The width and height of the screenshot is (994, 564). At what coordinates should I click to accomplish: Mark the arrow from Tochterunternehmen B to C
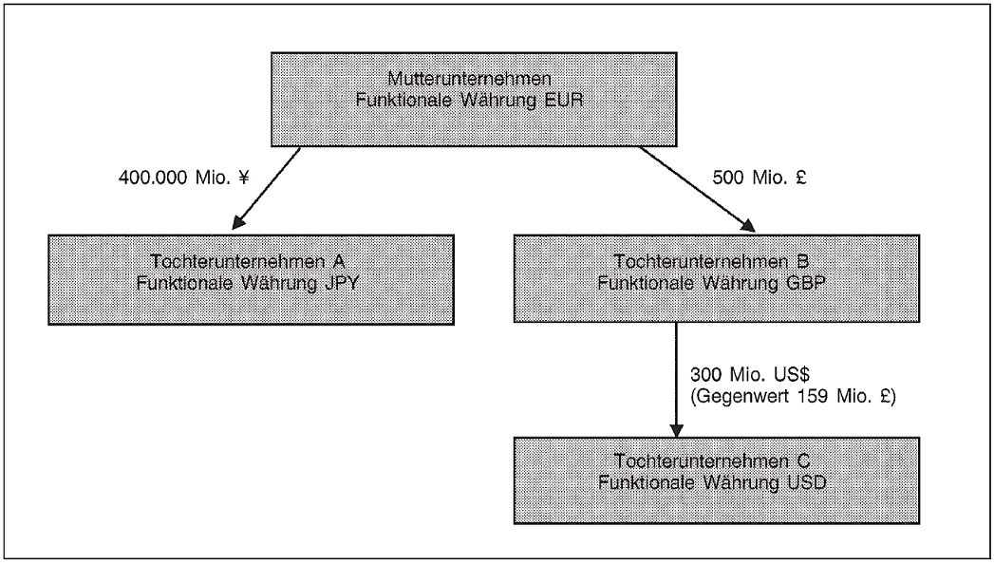tap(675, 380)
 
